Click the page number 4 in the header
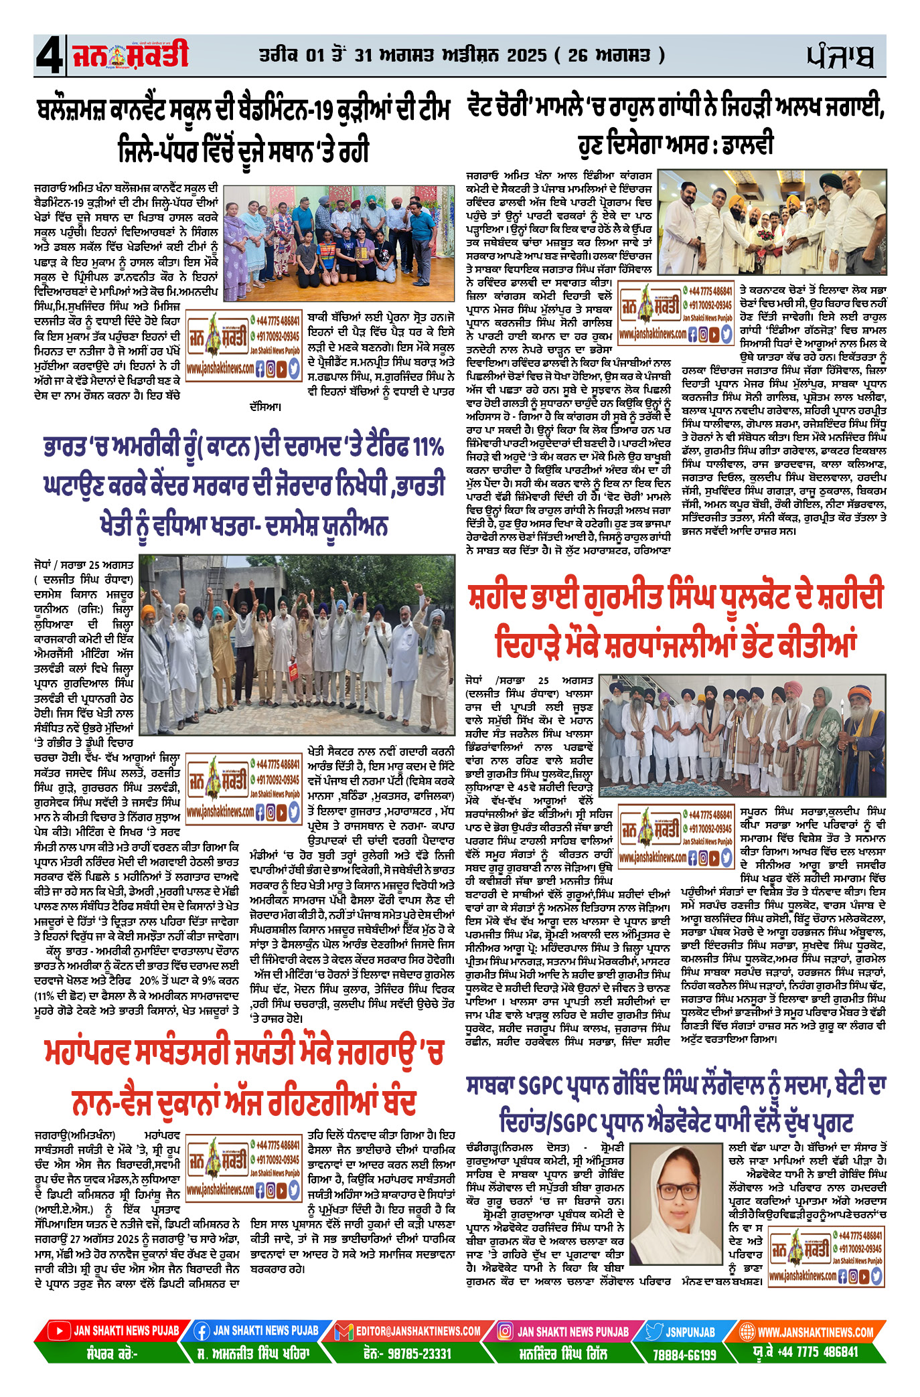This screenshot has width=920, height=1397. (x=50, y=56)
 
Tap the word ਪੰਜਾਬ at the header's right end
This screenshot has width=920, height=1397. (x=840, y=56)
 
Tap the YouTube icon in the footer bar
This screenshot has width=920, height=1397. (x=59, y=1331)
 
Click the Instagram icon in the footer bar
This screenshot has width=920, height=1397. (x=506, y=1331)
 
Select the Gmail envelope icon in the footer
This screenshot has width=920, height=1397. (x=343, y=1331)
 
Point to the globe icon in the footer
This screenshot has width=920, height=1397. (x=747, y=1331)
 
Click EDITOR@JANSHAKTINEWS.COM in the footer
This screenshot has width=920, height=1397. (x=418, y=1331)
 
